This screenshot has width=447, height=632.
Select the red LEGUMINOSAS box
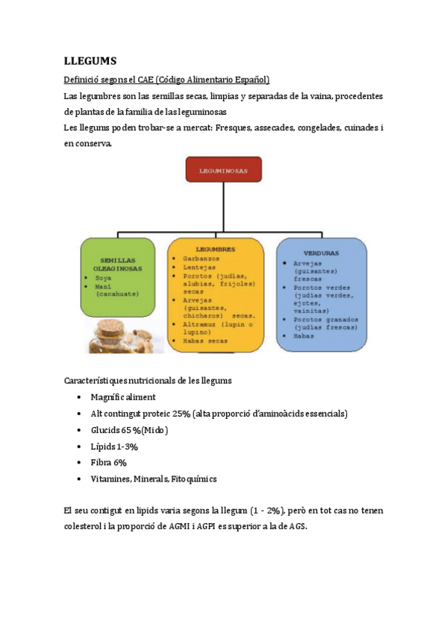(223, 171)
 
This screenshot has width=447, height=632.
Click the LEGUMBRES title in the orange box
(215, 249)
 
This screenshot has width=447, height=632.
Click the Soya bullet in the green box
(104, 277)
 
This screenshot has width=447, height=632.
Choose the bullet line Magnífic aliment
(123, 397)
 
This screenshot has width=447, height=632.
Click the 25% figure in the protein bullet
(181, 414)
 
